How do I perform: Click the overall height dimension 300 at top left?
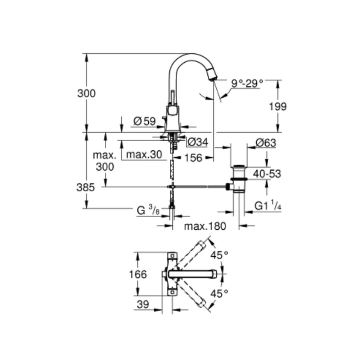click(86, 94)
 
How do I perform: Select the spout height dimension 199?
click(277, 107)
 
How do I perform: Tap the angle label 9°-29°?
click(247, 84)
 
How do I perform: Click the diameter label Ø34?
click(198, 143)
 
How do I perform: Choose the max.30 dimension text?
click(141, 155)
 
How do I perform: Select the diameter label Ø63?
click(266, 143)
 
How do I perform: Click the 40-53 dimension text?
click(267, 174)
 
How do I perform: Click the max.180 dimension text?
click(204, 226)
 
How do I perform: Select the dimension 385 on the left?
click(86, 187)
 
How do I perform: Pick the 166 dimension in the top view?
click(138, 274)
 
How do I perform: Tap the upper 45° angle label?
click(220, 255)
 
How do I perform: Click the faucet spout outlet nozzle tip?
click(213, 75)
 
